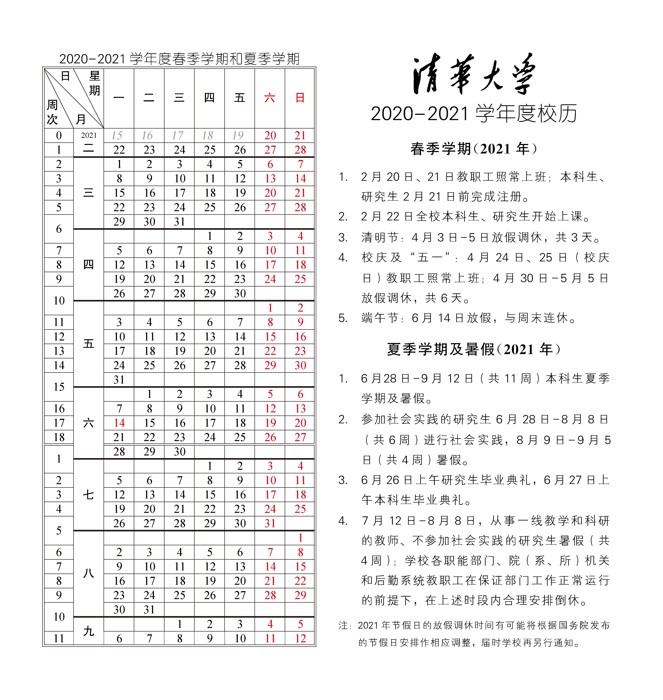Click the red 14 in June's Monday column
[119, 423]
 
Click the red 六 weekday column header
[270, 98]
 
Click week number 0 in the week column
[59, 135]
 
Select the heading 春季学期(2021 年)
[474, 149]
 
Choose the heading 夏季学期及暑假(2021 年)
[474, 349]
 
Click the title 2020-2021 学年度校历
[474, 114]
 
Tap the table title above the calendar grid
[179, 59]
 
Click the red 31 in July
[270, 523]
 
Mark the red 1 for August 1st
[300, 538]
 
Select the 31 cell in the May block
[119, 380]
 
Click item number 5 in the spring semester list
[343, 318]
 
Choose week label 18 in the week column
[59, 437]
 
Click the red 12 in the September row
[300, 639]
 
